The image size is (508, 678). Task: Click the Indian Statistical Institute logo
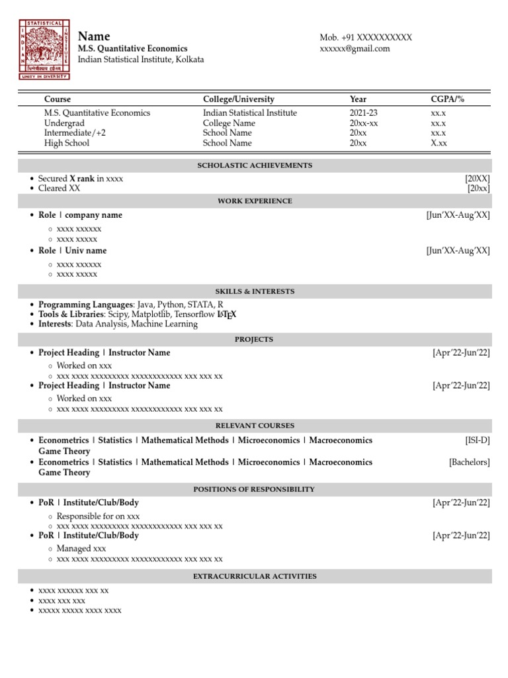coord(44,49)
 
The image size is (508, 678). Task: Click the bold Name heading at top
coord(94,36)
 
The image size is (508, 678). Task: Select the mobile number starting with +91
coord(366,37)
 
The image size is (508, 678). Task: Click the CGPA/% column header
coord(447,99)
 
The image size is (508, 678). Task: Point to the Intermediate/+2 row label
coord(75,132)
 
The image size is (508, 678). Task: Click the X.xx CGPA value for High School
coord(439,142)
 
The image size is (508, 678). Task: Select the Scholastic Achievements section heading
coord(255,166)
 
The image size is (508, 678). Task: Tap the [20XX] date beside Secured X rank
coord(477,179)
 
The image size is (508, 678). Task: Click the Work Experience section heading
coord(255,201)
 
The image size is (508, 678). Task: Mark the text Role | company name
coord(80,215)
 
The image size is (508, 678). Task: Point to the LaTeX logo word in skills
coord(227,315)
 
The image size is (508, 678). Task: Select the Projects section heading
coord(254,340)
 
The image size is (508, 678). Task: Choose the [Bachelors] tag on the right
coord(469,462)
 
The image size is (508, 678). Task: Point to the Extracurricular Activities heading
coord(255,577)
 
